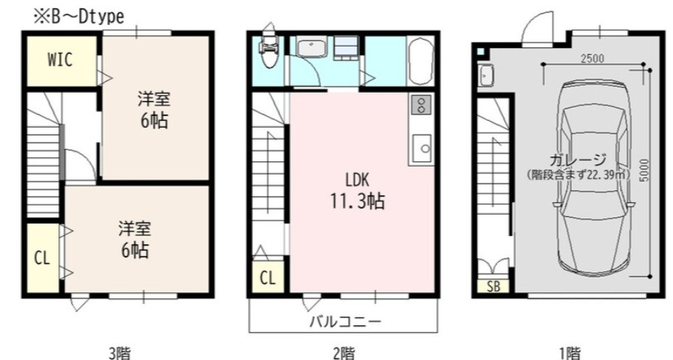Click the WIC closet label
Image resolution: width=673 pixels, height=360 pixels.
(x=60, y=60)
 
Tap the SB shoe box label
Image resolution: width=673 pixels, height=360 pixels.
(x=494, y=287)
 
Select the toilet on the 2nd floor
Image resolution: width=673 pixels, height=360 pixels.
(x=269, y=46)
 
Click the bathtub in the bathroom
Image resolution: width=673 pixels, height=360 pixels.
(x=420, y=62)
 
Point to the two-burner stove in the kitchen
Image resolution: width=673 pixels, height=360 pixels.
(x=421, y=105)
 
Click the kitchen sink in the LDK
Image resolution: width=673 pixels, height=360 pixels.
(x=421, y=148)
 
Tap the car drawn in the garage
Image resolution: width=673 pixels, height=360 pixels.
(x=593, y=177)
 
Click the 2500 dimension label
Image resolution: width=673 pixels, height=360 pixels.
(x=592, y=59)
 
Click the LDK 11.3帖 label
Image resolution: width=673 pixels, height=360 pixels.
(x=356, y=191)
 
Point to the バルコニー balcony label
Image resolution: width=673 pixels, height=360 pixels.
(x=345, y=322)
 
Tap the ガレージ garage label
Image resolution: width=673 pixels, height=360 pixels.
(x=578, y=161)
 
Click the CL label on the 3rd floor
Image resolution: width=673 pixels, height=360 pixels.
(x=41, y=259)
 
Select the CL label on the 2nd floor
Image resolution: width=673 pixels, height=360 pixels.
(x=267, y=278)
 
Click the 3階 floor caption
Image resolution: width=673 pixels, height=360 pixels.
(x=119, y=353)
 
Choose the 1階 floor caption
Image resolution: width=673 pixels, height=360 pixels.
(x=570, y=353)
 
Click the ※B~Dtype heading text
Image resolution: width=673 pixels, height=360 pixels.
(x=79, y=17)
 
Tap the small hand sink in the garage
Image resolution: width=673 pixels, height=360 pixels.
(x=486, y=75)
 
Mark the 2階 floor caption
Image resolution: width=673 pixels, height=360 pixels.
(x=344, y=353)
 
